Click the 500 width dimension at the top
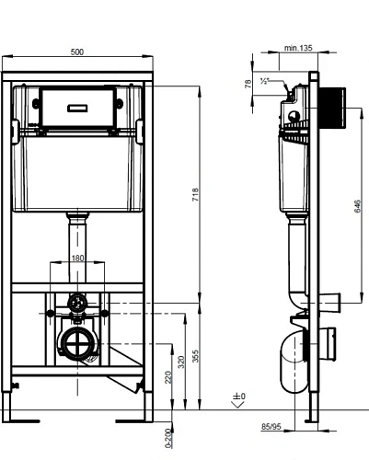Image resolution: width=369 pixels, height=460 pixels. (77, 52)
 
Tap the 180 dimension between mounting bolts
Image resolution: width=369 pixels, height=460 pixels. (79, 259)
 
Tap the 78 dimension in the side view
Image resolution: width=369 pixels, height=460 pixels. (248, 84)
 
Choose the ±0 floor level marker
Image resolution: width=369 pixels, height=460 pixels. (239, 398)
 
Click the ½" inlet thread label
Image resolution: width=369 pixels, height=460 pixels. (265, 82)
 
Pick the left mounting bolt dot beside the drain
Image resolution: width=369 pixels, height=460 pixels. (50, 314)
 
